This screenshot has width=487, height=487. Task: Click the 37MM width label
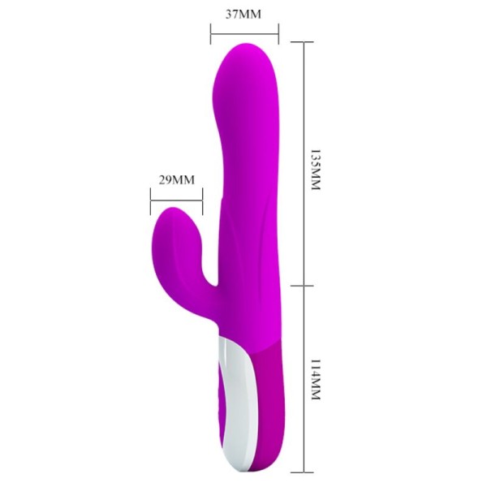(244, 14)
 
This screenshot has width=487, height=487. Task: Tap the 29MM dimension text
(177, 179)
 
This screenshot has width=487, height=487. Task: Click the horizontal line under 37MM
(244, 33)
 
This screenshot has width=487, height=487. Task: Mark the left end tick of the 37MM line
(210, 33)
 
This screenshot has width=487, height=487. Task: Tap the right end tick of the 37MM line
(278, 33)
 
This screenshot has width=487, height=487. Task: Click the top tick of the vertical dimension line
(304, 42)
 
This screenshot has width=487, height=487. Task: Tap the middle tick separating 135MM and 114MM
(304, 286)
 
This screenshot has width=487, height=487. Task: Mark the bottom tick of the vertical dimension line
(304, 471)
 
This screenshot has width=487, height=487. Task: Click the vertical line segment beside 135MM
(304, 162)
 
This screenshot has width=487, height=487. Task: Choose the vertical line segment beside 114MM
(304, 377)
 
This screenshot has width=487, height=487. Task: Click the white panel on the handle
(233, 390)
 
